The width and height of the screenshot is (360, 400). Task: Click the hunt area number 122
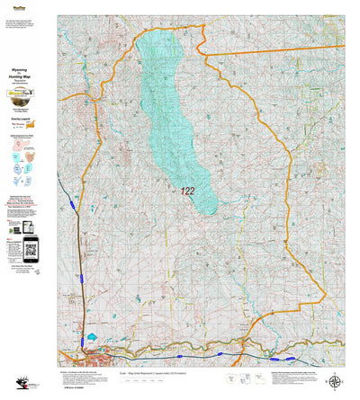point(187,191)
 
